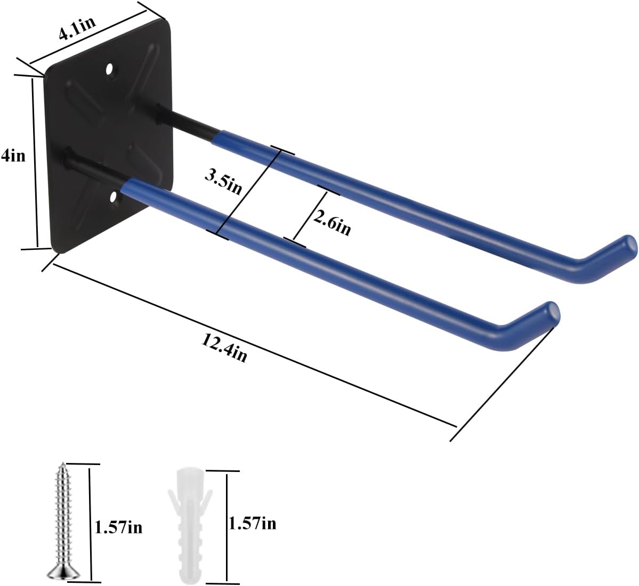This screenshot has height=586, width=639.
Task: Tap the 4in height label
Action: [x=13, y=157]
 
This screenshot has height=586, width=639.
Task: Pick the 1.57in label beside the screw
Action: [x=118, y=527]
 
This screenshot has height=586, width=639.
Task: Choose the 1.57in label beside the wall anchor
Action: [x=252, y=523]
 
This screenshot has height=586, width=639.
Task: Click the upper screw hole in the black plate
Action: [x=110, y=69]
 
